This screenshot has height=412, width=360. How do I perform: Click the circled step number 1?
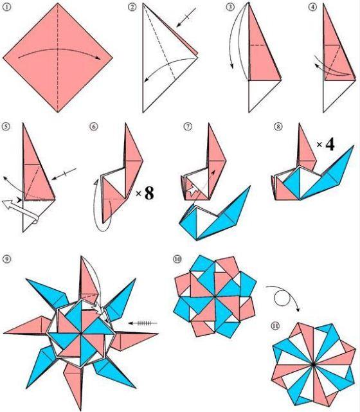7,7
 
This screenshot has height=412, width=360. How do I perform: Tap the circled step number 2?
132,7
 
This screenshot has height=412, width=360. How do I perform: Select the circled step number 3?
230,7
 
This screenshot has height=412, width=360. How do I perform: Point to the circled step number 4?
312,7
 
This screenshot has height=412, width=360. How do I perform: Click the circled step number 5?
6,127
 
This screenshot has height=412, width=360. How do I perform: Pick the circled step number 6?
94,127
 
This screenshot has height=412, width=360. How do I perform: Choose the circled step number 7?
188,127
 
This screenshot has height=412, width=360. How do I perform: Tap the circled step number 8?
278,127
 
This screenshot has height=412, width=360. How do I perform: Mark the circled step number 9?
7,259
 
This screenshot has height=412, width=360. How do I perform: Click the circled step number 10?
177,259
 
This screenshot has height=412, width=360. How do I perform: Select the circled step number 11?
275,326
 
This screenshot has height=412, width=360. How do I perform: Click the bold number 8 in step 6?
149,193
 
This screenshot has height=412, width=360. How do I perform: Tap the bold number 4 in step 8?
330,144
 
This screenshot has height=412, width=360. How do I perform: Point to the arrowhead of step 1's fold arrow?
98,58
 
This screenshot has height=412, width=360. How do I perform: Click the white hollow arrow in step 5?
20,210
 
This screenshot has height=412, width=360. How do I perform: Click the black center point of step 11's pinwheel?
313,364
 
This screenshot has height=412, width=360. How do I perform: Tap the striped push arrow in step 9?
143,323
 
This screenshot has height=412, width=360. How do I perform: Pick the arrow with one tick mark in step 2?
186,17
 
